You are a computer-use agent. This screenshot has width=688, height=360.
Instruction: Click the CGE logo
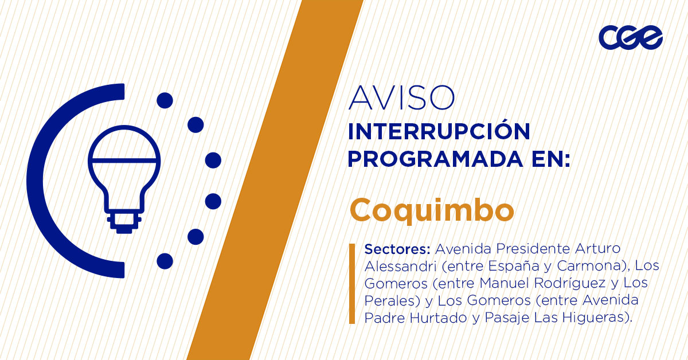pos(631,38)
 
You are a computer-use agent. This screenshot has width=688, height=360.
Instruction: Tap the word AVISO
pos(402,98)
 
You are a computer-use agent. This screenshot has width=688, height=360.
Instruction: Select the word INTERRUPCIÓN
pos(439,132)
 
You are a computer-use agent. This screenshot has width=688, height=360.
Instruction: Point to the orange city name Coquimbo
pos(432,210)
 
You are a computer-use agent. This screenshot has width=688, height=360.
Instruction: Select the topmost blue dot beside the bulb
pos(165,101)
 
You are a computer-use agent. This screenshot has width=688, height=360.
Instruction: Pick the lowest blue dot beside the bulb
pos(165,261)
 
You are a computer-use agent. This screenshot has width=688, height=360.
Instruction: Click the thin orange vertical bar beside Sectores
pos(352,284)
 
